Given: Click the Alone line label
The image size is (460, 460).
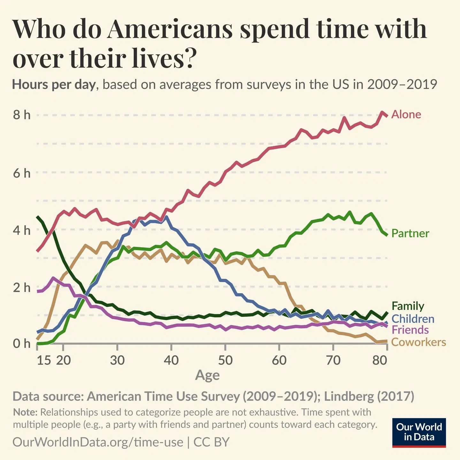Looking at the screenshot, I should click(x=406, y=114).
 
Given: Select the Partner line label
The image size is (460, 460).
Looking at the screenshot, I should click(x=410, y=233).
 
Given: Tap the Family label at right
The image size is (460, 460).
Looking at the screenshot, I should click(x=408, y=306).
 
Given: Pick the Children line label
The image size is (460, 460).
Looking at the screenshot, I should click(x=412, y=319).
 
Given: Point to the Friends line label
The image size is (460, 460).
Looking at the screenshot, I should click(x=410, y=330).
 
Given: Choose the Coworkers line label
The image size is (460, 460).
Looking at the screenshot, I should click(x=418, y=342).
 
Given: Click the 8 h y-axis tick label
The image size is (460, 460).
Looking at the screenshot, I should click(x=22, y=115).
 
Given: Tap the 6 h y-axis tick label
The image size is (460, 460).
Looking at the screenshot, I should click(x=22, y=173).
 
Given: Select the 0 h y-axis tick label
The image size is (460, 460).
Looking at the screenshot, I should click(x=22, y=344).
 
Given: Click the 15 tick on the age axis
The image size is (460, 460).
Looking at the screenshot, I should click(x=44, y=360).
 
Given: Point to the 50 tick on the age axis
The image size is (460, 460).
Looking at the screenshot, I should click(x=225, y=360).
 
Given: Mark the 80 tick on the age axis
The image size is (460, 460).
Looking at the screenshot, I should click(x=379, y=360).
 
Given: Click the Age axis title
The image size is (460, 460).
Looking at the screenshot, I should click(x=207, y=375).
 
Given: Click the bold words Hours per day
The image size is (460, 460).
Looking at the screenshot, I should click(x=54, y=85).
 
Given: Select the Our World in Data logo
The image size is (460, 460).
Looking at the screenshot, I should click(x=419, y=432).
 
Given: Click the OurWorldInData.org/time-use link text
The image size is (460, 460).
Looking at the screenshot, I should click(x=98, y=442).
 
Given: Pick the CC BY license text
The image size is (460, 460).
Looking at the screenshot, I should click(x=211, y=442).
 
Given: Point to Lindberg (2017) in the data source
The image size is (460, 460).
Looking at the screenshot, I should click(x=369, y=396).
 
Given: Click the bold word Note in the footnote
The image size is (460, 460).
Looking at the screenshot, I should click(x=25, y=412).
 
